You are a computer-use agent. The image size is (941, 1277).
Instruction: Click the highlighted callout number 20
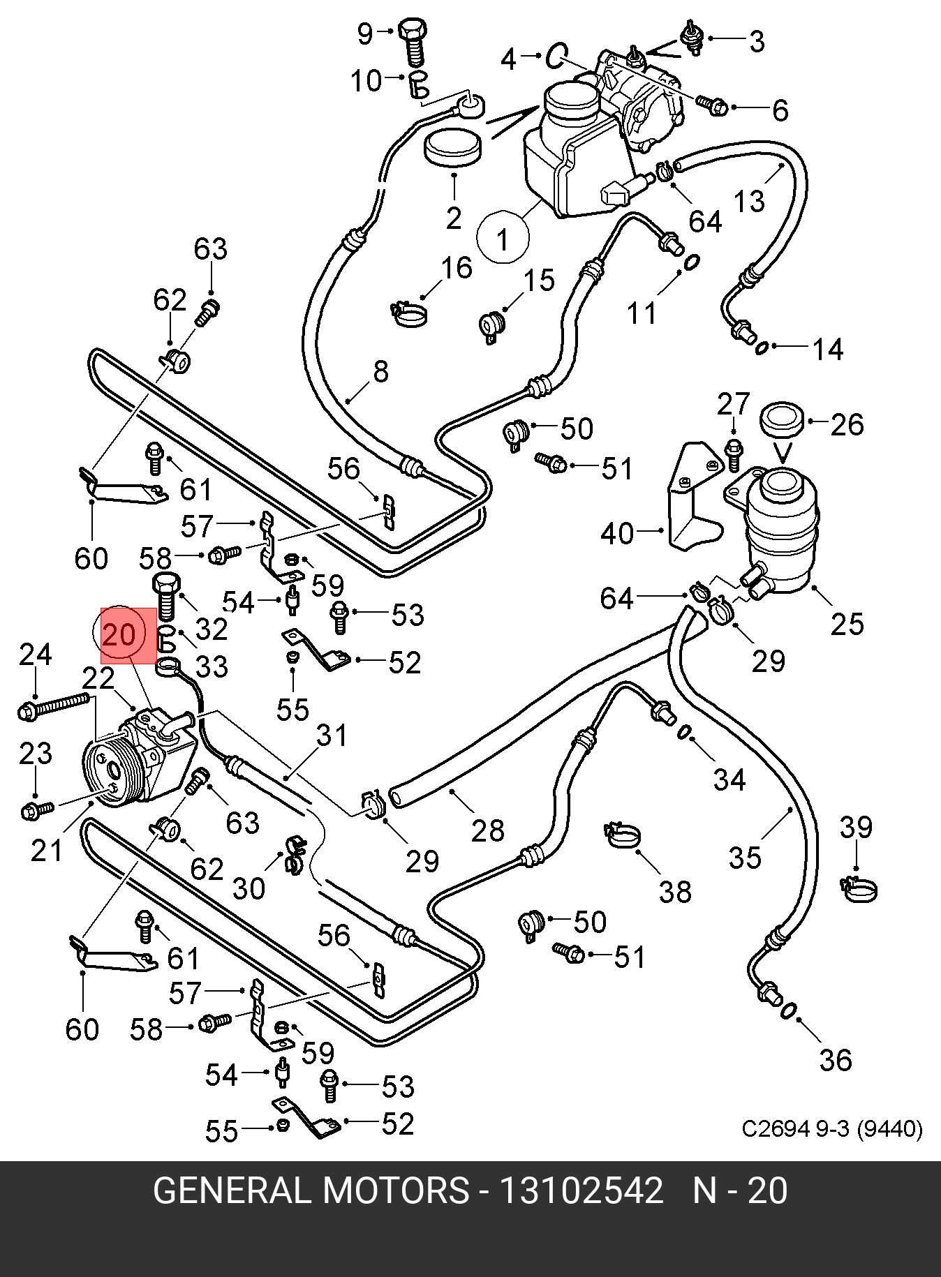pyautogui.click(x=120, y=635)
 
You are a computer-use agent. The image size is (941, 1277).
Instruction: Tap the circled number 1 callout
pyautogui.click(x=503, y=238)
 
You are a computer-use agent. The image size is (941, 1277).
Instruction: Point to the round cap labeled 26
pyautogui.click(x=782, y=420)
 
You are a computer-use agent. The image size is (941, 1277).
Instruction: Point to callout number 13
pyautogui.click(x=749, y=201)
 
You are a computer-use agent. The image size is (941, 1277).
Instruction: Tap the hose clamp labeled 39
pyautogui.click(x=858, y=888)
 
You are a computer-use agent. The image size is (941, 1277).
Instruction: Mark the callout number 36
pyautogui.click(x=836, y=1060)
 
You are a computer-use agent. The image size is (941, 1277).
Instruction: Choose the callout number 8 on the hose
pyautogui.click(x=380, y=371)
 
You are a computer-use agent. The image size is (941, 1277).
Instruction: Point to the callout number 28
pyautogui.click(x=487, y=829)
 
